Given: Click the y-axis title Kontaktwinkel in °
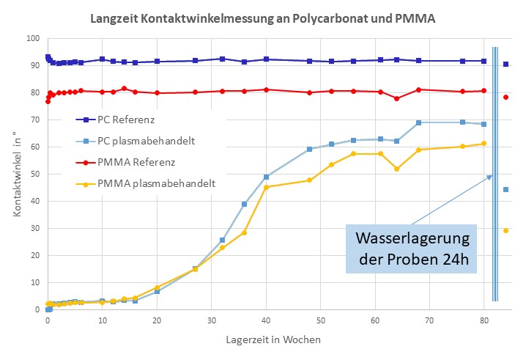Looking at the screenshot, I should point(17,174).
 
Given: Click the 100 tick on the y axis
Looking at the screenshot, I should point(32,39).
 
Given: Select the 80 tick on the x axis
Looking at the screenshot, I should point(484,320).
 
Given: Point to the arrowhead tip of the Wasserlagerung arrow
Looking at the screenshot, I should point(492,175).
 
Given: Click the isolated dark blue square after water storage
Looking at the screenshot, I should point(506,65).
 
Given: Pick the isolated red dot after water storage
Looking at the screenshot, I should point(506,98).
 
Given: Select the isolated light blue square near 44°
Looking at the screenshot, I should point(506,190).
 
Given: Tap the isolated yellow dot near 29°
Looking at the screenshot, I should point(506,231).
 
